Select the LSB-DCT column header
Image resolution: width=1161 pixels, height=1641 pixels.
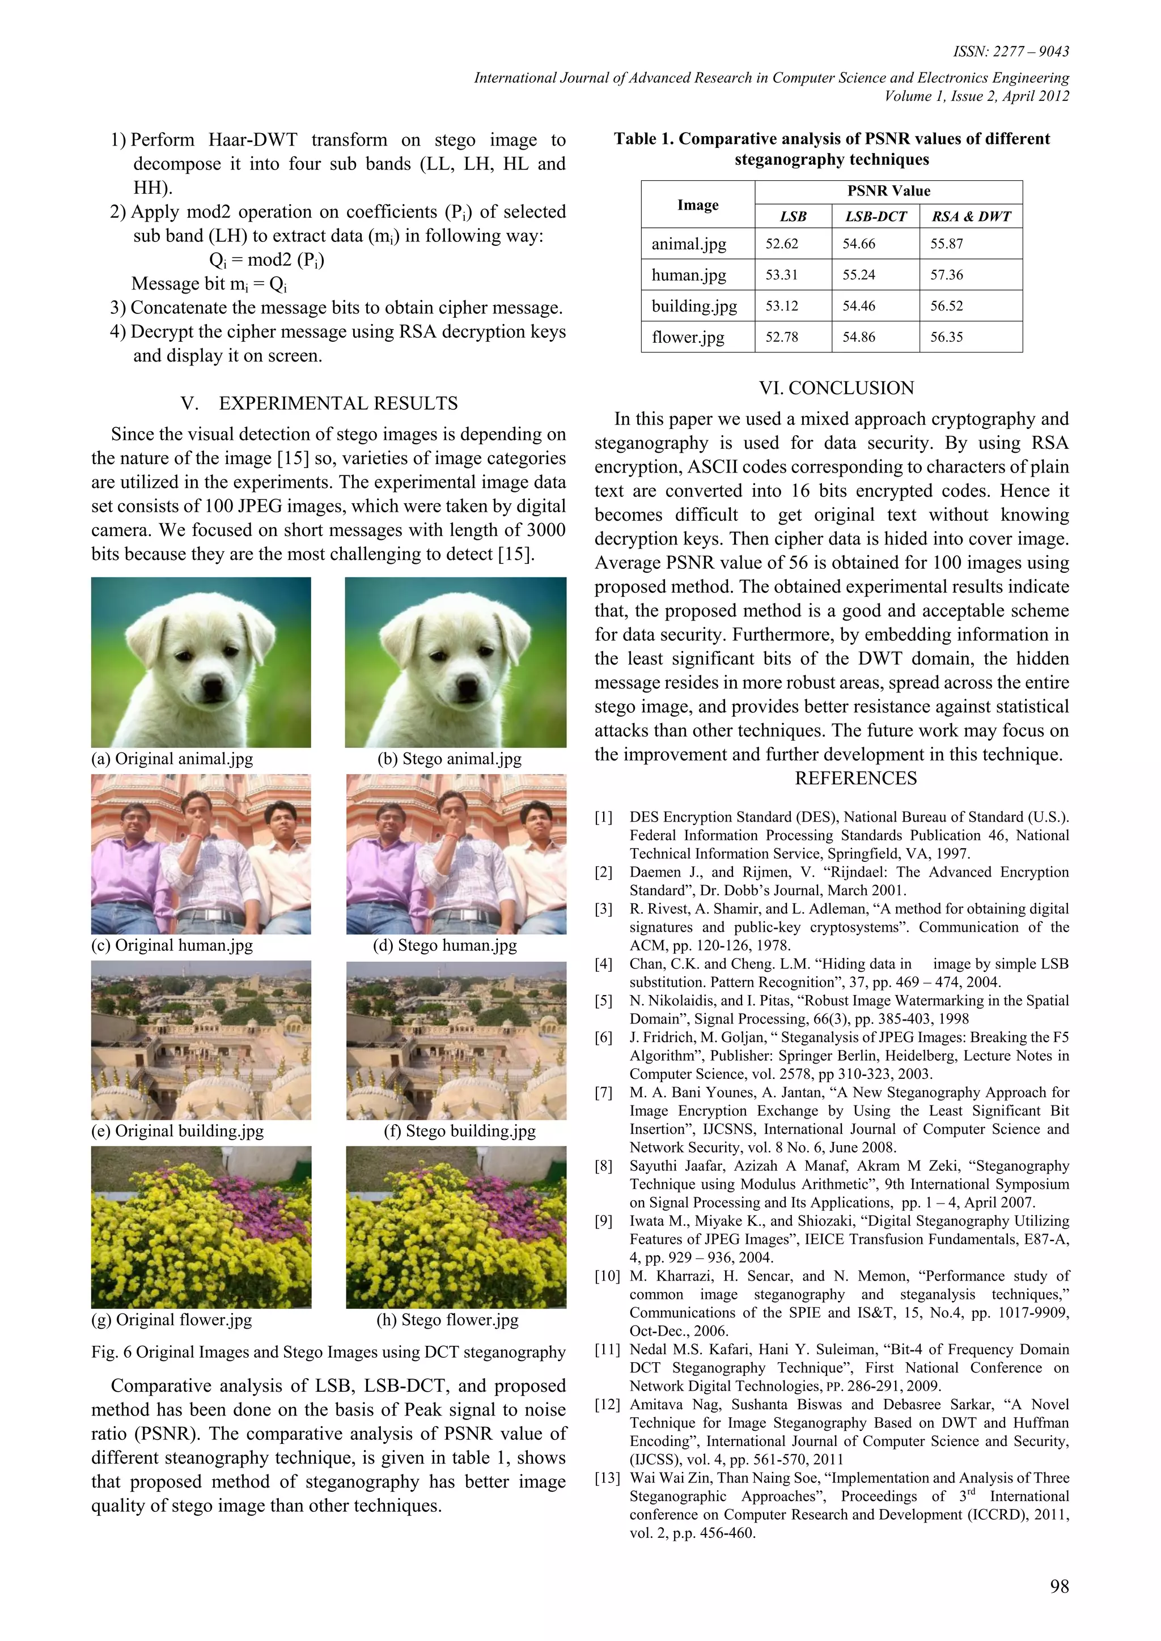(876, 216)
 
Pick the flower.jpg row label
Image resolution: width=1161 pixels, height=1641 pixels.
(688, 337)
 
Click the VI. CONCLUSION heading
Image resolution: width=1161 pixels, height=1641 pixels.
(836, 388)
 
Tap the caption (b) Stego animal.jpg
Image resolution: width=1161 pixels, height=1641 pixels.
(449, 759)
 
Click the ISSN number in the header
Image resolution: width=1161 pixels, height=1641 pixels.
(1011, 52)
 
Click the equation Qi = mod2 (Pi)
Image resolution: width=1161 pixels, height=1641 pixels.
(266, 260)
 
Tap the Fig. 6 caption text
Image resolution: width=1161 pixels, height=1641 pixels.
(328, 1351)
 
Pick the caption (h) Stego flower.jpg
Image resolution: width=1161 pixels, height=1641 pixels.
(447, 1319)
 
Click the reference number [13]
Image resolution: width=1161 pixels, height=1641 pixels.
(607, 1478)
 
